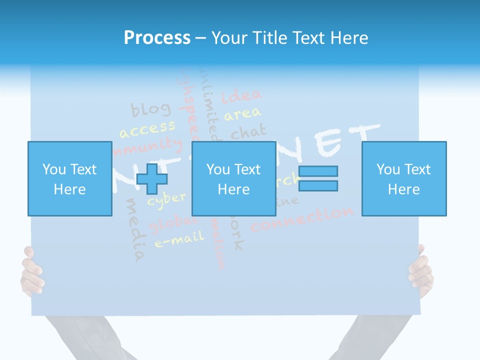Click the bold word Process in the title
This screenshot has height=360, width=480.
point(157,38)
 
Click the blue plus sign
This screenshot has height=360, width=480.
point(151,179)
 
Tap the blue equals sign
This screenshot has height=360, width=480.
point(318,178)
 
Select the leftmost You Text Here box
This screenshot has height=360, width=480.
point(69,178)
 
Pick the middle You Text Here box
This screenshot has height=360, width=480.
point(233,178)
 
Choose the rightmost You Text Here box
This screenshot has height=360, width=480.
point(403,178)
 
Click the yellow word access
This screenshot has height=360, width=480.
point(147,129)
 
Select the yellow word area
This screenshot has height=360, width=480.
point(242,114)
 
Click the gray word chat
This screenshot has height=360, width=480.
point(248,132)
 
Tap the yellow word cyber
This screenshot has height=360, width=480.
point(166,199)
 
